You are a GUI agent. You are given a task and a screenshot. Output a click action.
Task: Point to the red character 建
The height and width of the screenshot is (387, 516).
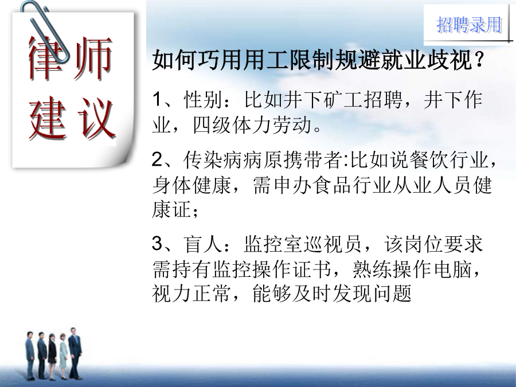click(x=47, y=118)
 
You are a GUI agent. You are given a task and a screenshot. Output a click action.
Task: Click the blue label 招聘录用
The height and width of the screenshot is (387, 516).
click(x=468, y=25)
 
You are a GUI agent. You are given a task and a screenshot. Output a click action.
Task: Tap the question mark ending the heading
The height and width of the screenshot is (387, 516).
click(x=479, y=60)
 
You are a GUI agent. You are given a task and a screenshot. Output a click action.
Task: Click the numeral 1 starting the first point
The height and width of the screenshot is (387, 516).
click(x=157, y=99)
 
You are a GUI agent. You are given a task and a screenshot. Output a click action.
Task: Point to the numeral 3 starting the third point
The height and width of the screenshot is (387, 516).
click(x=157, y=244)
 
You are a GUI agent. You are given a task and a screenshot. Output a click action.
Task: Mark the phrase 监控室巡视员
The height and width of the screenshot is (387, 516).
click(x=302, y=244)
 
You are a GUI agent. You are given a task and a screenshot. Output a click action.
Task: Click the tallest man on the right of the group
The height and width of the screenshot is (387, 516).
click(x=75, y=353)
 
